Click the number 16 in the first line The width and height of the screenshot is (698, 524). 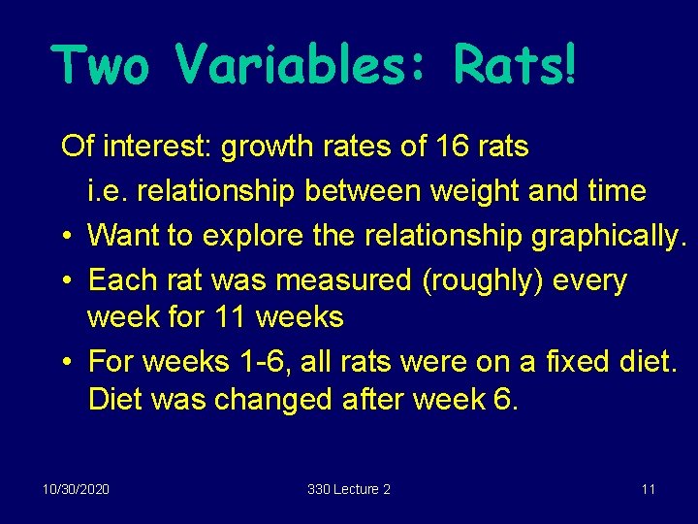click(452, 147)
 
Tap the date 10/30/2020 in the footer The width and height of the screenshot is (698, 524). click(76, 489)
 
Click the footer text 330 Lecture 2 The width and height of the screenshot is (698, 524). click(349, 489)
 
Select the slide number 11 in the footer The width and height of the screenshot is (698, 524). click(649, 489)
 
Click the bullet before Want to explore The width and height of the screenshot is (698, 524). click(64, 236)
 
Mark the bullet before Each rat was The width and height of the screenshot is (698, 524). click(64, 280)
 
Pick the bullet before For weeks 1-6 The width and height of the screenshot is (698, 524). click(64, 362)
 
